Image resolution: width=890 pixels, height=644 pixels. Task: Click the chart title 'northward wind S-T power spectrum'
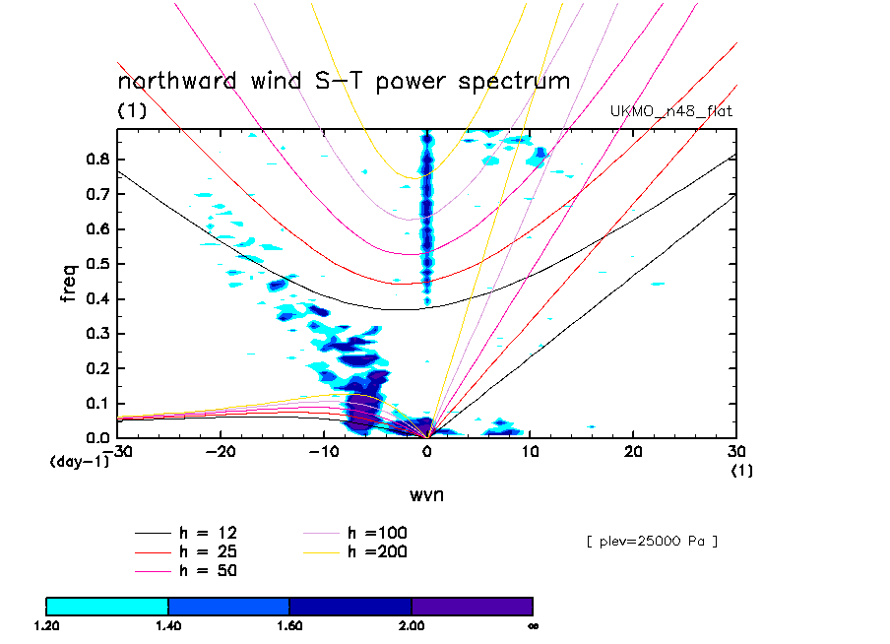[344, 81]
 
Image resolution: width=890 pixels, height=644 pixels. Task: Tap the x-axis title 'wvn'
[426, 494]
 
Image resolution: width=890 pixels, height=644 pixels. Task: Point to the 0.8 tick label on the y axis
[96, 160]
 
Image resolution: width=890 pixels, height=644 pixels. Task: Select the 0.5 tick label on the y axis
[96, 264]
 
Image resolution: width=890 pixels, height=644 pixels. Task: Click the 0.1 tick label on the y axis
[96, 404]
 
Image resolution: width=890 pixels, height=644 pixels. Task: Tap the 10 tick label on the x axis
[530, 450]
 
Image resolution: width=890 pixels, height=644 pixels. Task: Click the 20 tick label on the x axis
[633, 450]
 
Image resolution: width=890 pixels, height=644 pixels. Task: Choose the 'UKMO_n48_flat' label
[671, 111]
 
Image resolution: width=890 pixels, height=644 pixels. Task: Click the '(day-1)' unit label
[80, 461]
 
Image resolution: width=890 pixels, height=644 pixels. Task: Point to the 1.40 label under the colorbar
[168, 624]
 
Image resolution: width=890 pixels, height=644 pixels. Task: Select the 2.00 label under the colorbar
[412, 624]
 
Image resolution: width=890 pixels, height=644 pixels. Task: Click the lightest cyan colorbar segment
[107, 606]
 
